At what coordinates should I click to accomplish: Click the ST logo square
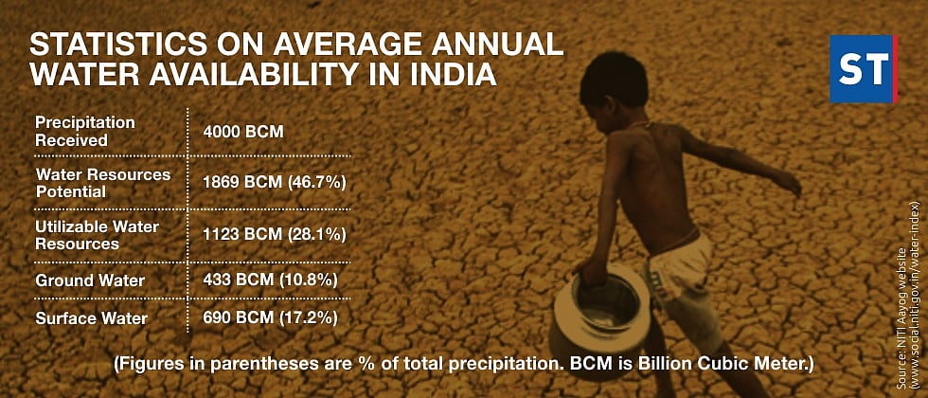[863, 69]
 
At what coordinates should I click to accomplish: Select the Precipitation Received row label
[84, 132]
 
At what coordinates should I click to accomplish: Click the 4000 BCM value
[243, 132]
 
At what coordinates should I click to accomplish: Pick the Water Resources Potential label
[102, 183]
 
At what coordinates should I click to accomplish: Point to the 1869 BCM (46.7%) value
[274, 183]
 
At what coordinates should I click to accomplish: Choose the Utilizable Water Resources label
[97, 235]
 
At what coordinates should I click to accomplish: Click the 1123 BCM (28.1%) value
[274, 234]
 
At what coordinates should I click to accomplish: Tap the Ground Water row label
[90, 280]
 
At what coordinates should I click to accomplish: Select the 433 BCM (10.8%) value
[270, 280]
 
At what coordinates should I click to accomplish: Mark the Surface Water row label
[92, 317]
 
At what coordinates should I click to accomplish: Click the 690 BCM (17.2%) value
[270, 317]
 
